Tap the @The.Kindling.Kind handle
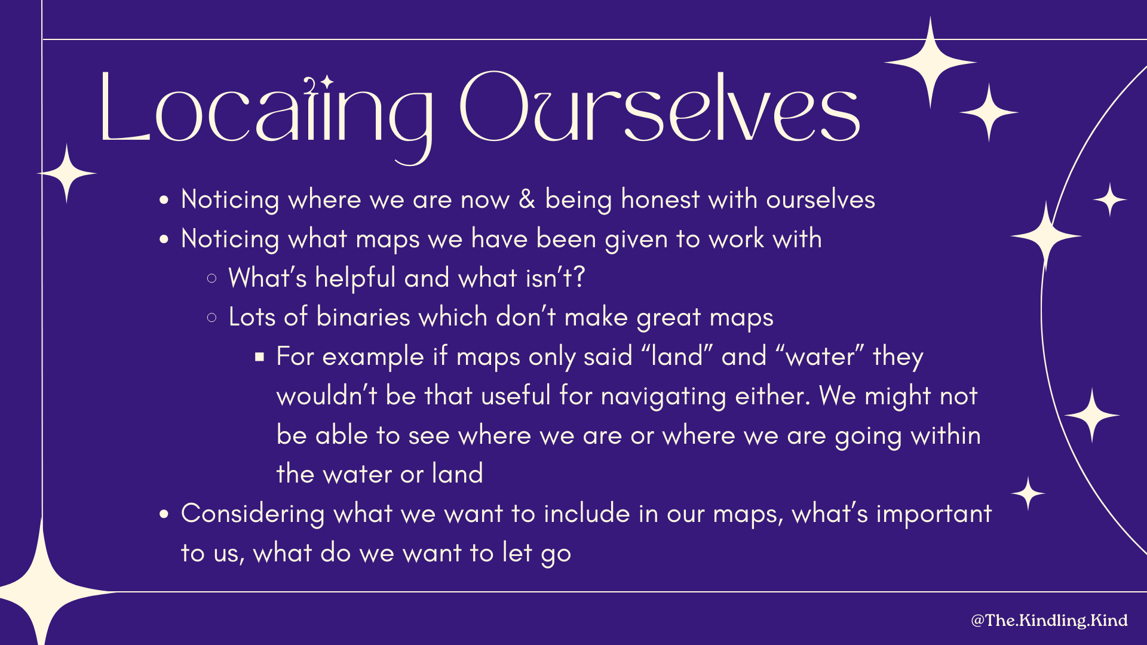[1049, 621]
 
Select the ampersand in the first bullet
[526, 199]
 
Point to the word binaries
[363, 317]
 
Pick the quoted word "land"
[677, 357]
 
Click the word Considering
[252, 514]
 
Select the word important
[933, 514]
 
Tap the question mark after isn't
[578, 277]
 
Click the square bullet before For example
[259, 357]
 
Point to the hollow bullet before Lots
[211, 318]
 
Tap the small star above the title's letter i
[326, 81]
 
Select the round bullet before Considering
[164, 514]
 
